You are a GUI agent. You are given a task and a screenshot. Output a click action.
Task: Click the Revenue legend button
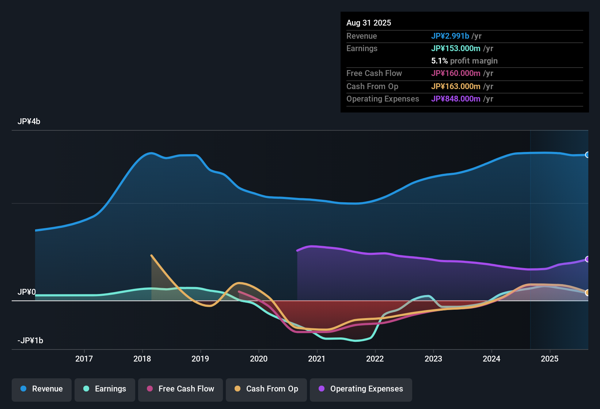[42, 389]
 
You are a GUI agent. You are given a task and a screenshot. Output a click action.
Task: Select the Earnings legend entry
[105, 389]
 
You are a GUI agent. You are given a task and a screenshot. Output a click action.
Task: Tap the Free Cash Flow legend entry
[181, 389]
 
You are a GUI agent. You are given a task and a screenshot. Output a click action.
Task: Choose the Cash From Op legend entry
[266, 389]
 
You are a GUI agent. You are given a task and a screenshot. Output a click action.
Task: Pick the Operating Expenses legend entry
[361, 389]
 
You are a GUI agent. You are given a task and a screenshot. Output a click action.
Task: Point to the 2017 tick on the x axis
[84, 359]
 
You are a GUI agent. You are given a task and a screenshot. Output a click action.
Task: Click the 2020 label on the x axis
[259, 359]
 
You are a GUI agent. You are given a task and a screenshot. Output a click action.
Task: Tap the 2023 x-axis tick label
[433, 359]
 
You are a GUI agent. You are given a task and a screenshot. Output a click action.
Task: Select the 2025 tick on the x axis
[550, 359]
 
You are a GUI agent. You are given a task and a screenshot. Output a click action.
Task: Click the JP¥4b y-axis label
[29, 122]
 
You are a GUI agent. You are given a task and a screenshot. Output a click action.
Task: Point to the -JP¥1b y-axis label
[30, 341]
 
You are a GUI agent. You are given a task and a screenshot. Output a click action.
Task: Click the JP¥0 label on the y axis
[27, 292]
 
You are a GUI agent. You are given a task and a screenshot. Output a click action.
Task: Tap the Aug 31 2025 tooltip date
[369, 23]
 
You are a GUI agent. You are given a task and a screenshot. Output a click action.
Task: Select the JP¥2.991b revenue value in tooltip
[450, 36]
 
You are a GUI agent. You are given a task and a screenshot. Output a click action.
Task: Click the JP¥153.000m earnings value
[456, 49]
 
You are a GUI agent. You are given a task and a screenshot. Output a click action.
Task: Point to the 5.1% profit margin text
[464, 61]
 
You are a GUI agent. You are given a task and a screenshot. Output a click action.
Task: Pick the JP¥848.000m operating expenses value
[456, 99]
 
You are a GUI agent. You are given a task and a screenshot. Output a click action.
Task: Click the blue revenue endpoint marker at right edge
[587, 155]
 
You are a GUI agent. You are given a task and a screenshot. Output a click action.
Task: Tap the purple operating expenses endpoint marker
[587, 259]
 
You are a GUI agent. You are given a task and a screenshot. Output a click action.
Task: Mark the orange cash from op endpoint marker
[587, 293]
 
